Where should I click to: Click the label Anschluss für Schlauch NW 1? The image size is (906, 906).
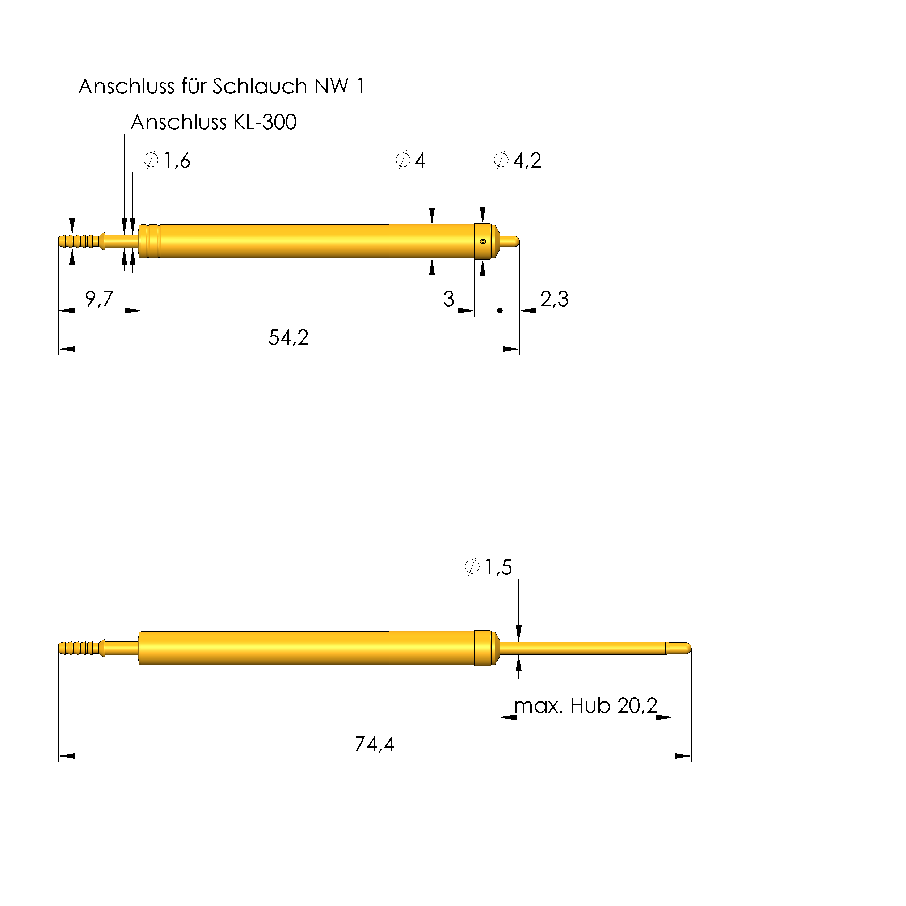click(x=222, y=86)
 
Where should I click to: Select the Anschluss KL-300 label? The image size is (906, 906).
click(x=213, y=122)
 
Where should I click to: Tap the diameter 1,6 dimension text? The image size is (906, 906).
click(x=167, y=160)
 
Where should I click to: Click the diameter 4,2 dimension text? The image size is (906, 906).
click(x=518, y=160)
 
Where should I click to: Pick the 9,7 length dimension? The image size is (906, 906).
click(x=99, y=299)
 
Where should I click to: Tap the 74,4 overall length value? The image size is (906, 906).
click(x=375, y=744)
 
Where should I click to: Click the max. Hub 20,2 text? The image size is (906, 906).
click(x=586, y=705)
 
